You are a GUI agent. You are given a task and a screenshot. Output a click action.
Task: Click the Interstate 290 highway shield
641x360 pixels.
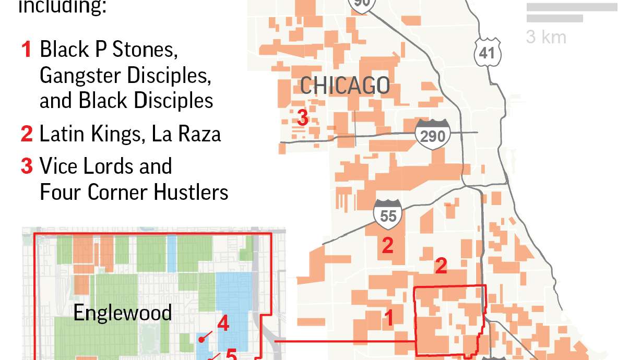tap(433, 135)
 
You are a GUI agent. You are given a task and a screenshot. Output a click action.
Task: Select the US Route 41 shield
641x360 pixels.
tap(488, 52)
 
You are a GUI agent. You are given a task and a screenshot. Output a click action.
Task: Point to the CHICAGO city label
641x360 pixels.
tap(345, 86)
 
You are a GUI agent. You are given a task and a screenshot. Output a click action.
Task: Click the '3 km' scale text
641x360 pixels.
tap(546, 37)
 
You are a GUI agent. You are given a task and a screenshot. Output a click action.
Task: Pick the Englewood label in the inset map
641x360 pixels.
tap(122, 313)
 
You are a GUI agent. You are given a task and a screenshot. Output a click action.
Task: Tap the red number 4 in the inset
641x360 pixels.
tap(223, 324)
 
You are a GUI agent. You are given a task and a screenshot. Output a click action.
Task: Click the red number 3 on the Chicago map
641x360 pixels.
tap(302, 117)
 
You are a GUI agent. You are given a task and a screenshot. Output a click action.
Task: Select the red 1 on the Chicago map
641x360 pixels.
tap(388, 318)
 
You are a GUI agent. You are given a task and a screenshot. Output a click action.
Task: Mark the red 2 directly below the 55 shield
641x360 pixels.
tap(387, 246)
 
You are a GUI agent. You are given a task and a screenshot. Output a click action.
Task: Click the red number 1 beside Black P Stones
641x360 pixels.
tap(27, 50)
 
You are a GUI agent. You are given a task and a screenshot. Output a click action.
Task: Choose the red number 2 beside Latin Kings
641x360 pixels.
tap(27, 134)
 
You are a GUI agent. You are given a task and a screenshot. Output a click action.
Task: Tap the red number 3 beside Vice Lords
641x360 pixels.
tap(27, 166)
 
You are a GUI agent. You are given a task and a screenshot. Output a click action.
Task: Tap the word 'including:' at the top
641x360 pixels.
tap(62, 7)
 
